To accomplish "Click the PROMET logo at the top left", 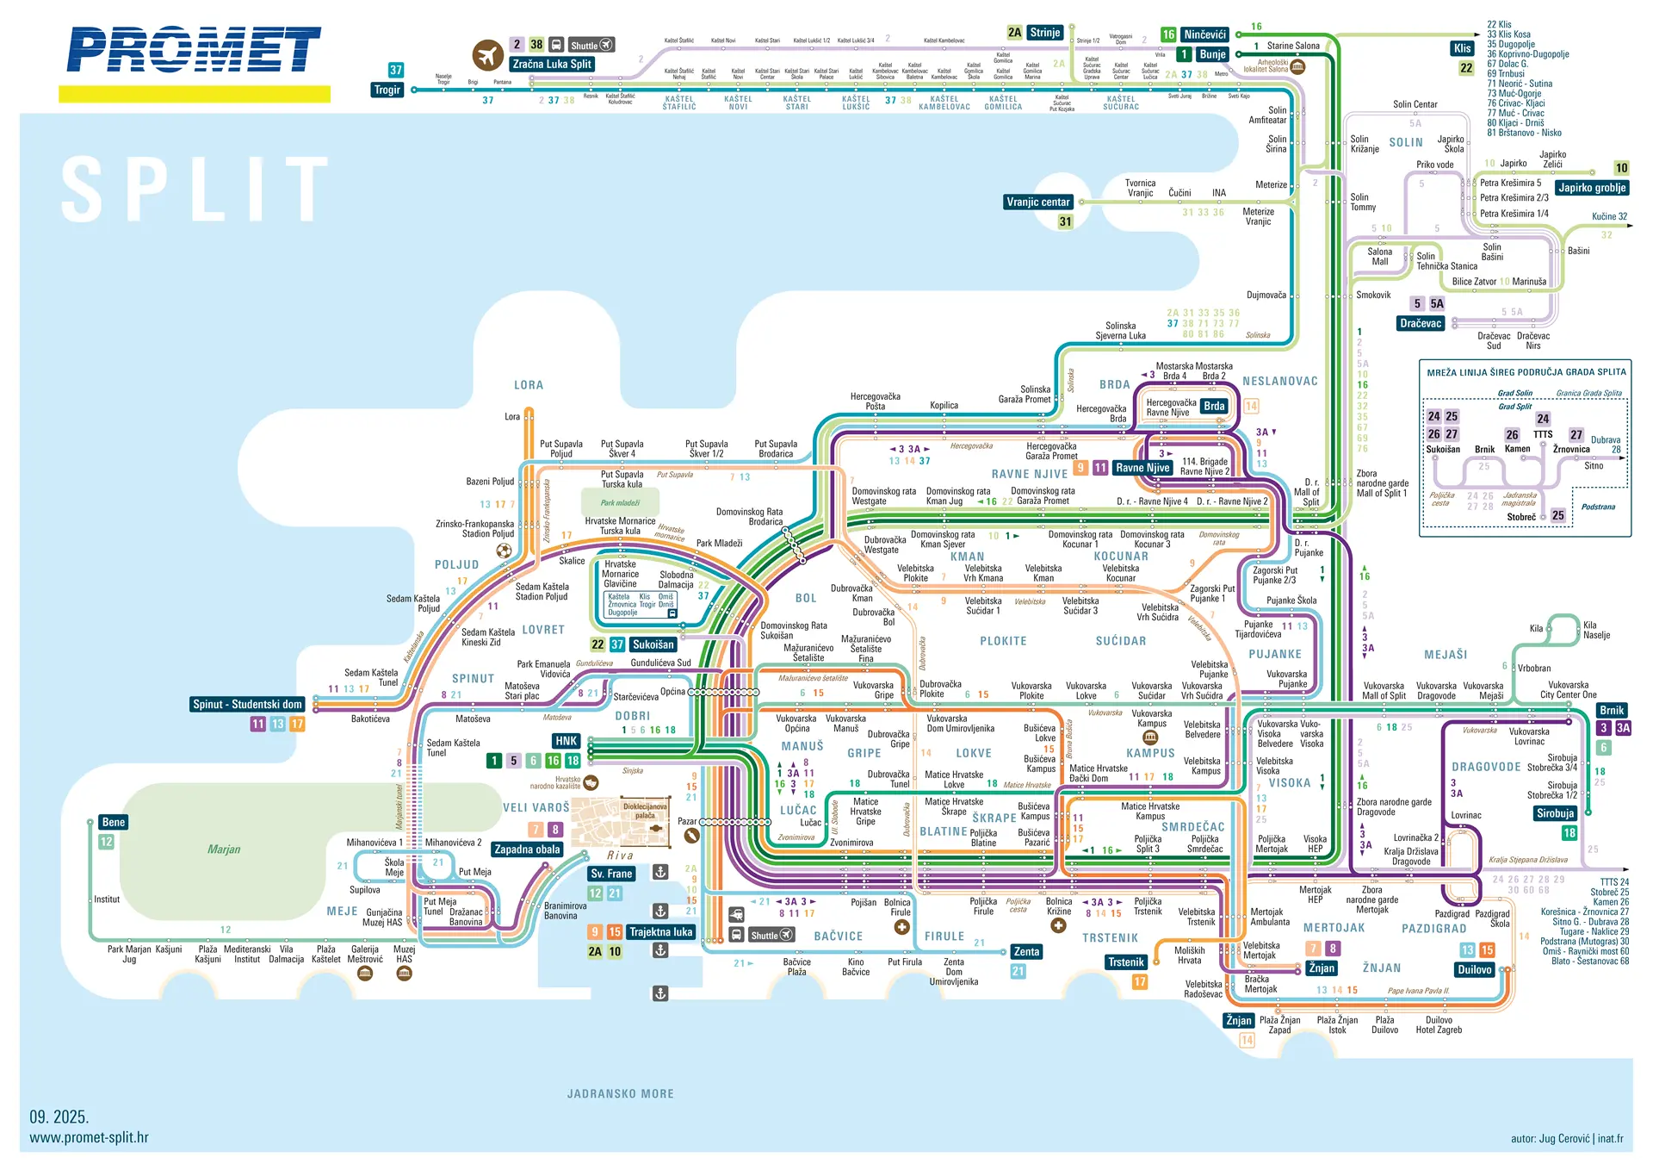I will [x=194, y=49].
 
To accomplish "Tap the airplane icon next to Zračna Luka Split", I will [x=488, y=56].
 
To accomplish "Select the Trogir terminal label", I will [x=387, y=90].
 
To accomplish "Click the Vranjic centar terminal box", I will [x=1037, y=202].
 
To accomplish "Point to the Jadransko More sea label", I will [x=620, y=1094].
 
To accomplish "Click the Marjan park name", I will [x=224, y=849].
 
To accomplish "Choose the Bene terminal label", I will [x=114, y=822].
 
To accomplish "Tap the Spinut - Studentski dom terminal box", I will [x=247, y=705].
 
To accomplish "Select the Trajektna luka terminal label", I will [x=660, y=932].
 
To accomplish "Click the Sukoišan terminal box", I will [x=653, y=644].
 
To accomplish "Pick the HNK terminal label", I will [x=566, y=741].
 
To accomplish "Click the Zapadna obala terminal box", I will [x=527, y=849].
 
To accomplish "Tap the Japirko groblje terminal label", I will [x=1592, y=188].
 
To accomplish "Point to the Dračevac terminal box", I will [x=1420, y=324].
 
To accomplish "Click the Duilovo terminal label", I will [x=1474, y=970].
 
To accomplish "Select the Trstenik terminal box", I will [x=1125, y=962].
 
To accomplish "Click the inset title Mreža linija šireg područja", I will [x=1526, y=373].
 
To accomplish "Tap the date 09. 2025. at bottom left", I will [x=59, y=1117].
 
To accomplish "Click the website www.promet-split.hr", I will [x=89, y=1138].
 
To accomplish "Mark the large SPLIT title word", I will [x=196, y=190].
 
